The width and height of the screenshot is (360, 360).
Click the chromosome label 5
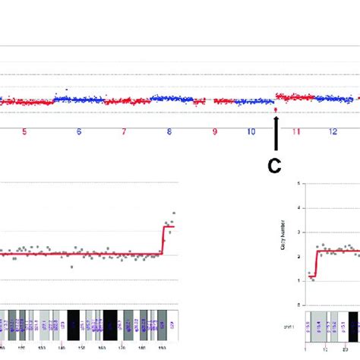click(x=24, y=131)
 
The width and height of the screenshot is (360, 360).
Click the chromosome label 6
click(x=79, y=131)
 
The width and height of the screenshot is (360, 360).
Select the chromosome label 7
click(x=124, y=131)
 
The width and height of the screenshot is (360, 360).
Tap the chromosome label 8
click(x=169, y=131)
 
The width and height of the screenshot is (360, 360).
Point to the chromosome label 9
click(x=215, y=131)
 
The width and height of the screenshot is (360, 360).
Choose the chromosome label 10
click(x=251, y=131)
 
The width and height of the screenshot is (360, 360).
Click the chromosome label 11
click(x=297, y=131)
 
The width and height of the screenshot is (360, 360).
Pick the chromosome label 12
click(x=333, y=131)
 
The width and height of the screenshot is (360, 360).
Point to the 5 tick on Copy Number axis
click(x=298, y=184)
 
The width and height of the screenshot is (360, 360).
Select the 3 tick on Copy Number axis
click(x=298, y=232)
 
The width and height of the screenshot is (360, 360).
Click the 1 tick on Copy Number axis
click(x=298, y=280)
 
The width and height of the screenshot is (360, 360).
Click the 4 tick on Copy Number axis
click(x=298, y=208)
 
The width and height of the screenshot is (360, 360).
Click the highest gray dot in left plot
click(x=174, y=213)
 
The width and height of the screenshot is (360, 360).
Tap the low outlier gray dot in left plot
click(x=72, y=267)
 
